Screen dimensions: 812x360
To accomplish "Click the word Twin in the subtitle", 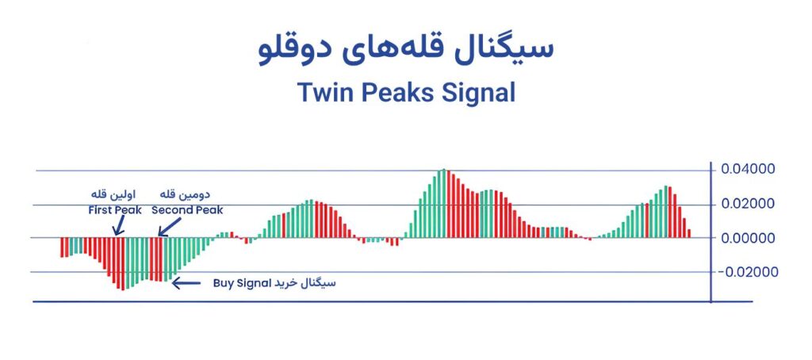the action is pos(324,94).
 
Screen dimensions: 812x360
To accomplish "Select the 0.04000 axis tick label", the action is pos(744,170).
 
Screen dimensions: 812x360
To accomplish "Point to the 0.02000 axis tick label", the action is pos(744,204).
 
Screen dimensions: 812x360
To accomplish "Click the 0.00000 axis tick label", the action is pos(744,238).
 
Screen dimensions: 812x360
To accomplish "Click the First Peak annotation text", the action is pos(115,210).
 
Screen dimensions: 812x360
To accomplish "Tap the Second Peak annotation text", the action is pos(187,210).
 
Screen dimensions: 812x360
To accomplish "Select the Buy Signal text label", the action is pos(243,284).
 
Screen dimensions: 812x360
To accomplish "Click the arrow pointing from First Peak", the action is pos(119,226).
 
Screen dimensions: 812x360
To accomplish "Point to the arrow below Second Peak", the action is pos(170,227).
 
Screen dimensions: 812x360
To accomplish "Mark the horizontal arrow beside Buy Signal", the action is pos(186,283).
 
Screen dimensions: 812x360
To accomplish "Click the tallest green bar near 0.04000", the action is pos(443,203).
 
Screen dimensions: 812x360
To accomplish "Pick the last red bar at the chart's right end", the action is pos(689,234).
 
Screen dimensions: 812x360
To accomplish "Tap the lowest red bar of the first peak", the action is pos(123,263).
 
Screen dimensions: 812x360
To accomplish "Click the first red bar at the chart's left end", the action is pos(62,247).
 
